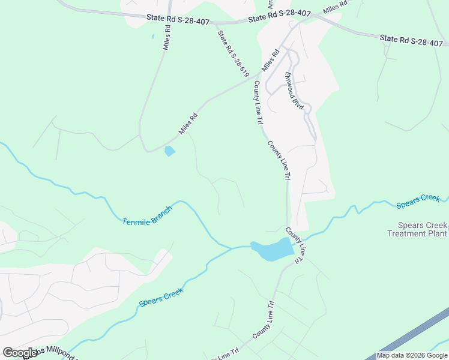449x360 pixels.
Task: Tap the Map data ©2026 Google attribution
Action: click(x=412, y=355)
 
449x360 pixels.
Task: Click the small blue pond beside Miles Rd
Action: click(x=170, y=151)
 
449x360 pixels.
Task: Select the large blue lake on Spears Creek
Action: click(x=273, y=250)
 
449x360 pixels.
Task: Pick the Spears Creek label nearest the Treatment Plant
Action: click(x=418, y=202)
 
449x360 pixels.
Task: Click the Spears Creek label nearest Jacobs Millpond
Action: click(x=161, y=296)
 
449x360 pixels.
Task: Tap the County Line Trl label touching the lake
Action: click(x=295, y=244)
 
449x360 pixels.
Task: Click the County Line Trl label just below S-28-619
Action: click(x=258, y=102)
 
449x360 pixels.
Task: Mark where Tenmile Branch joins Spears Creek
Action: click(x=232, y=247)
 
